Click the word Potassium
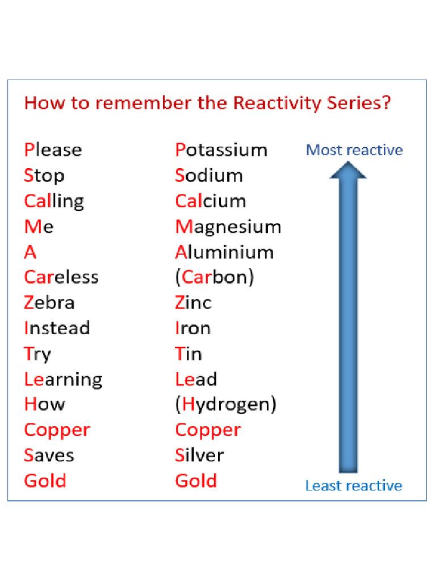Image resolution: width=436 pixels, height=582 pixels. point(221,150)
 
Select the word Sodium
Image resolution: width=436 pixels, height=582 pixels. point(208,176)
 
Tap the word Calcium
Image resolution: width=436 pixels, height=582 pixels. point(210,201)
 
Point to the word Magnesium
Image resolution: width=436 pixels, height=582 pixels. point(228,227)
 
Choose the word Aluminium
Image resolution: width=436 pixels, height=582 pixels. point(224,252)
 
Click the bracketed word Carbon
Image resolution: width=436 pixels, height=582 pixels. point(214,277)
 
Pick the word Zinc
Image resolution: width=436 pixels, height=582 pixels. point(192,302)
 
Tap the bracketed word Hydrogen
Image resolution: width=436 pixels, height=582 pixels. point(225,404)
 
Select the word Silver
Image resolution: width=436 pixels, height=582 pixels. point(199,455)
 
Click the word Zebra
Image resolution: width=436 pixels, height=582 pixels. point(49,302)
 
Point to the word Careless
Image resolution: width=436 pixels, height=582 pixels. point(61,277)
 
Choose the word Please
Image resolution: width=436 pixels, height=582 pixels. point(53,150)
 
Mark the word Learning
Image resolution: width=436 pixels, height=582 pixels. point(63,379)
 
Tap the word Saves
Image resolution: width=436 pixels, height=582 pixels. point(49,455)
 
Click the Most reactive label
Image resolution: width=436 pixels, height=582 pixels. point(354,150)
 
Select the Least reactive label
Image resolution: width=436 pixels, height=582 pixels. point(353,486)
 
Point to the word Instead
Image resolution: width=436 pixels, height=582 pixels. point(57,328)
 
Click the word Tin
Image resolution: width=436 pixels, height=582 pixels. point(188,354)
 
